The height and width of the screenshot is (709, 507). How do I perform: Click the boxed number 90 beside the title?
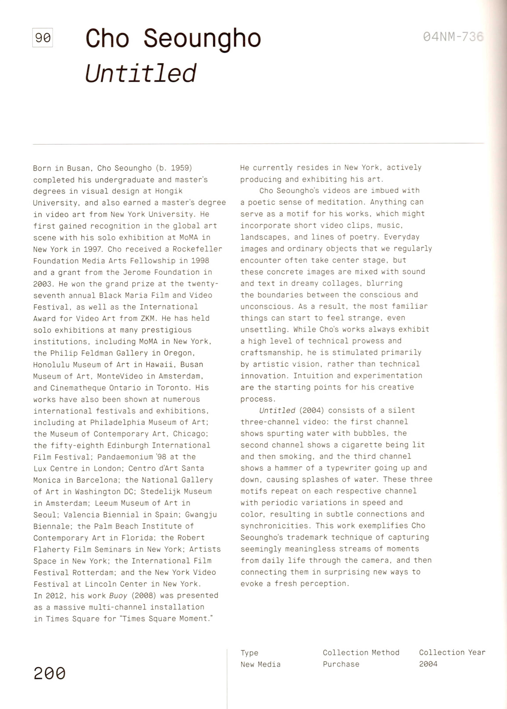pos(42,38)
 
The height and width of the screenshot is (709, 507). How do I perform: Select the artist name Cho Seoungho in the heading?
pos(173,39)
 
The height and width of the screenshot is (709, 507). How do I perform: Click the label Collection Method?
pos(361,652)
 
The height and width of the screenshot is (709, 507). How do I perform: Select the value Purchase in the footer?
pos(341,664)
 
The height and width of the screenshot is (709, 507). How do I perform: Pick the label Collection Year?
pos(452,652)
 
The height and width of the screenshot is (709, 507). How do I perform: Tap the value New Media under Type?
pos(260,664)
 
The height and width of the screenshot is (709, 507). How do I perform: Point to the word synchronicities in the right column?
pos(275,526)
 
